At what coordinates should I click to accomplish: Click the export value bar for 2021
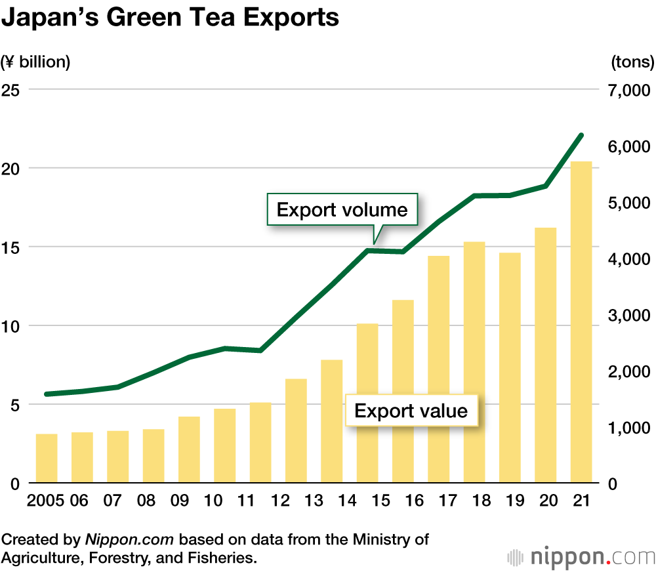[581, 322]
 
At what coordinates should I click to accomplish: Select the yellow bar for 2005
[47, 459]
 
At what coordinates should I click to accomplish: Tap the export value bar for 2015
[367, 403]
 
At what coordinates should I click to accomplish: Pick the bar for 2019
[510, 368]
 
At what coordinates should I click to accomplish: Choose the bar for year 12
[297, 431]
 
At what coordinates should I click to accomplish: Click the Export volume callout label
[342, 210]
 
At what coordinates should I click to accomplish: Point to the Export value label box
[411, 411]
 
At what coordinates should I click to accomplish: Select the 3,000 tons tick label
[627, 316]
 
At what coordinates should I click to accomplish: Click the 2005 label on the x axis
[45, 501]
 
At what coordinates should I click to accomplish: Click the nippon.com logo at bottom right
[581, 557]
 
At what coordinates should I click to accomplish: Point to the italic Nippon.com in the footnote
[129, 540]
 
